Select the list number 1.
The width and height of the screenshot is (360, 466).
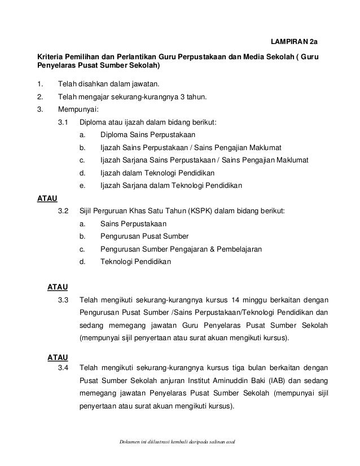(x=39, y=85)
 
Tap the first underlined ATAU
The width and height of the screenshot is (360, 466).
(x=46, y=198)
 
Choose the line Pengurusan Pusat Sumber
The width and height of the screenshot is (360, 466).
(x=144, y=236)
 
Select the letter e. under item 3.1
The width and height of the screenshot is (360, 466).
(x=83, y=185)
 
